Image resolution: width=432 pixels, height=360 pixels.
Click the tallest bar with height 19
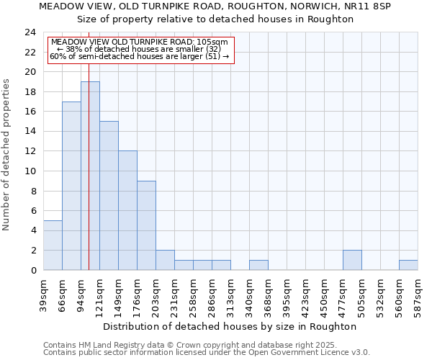[x=90, y=176]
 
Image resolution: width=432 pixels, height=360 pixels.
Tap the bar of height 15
[x=109, y=196]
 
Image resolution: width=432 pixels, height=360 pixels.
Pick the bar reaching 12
[x=127, y=210]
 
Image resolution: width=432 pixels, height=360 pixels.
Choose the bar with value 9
[x=146, y=225]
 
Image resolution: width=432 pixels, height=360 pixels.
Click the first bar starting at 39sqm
[x=53, y=245]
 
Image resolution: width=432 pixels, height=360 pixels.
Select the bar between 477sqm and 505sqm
[x=352, y=260]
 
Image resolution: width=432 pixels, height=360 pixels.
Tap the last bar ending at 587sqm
[x=408, y=265]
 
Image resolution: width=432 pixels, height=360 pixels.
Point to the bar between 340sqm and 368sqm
[x=258, y=265]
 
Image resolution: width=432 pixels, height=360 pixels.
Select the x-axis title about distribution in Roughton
[x=230, y=326]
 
